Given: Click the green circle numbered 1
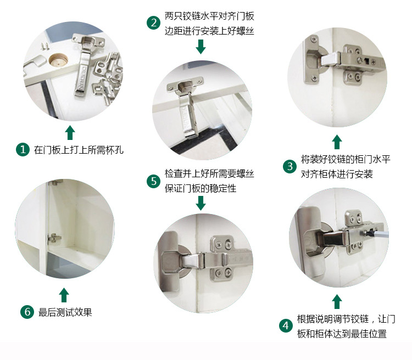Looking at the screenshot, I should pyautogui.click(x=23, y=149).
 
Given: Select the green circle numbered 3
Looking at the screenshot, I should pyautogui.click(x=290, y=167).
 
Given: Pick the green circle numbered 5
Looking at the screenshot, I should pyautogui.click(x=153, y=181).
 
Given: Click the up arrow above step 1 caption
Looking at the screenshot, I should pyautogui.click(x=69, y=132).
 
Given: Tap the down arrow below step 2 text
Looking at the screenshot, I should pyautogui.click(x=201, y=47).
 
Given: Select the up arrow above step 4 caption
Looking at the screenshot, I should pyautogui.click(x=337, y=301).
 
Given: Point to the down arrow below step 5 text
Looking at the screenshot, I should pyautogui.click(x=201, y=203).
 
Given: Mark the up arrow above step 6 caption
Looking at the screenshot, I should pyautogui.click(x=64, y=295).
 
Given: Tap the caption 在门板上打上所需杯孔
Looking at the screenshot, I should pyautogui.click(x=79, y=150).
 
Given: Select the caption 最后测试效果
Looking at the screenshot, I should pyautogui.click(x=65, y=313).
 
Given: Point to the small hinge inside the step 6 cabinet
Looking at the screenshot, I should pyautogui.click(x=53, y=238).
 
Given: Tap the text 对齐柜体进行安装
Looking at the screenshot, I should pyautogui.click(x=337, y=174).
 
